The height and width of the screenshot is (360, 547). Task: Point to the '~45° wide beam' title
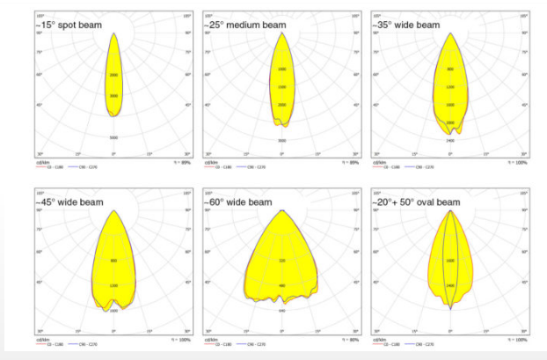point(69,202)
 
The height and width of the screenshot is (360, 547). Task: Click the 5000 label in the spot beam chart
point(113,95)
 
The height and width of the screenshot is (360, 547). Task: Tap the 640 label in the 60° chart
point(281,311)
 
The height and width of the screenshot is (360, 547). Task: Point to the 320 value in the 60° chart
point(281,261)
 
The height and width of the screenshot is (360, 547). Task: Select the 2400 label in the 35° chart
point(450,141)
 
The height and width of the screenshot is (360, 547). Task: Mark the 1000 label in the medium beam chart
point(281,70)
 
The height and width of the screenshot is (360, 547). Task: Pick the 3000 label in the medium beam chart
point(281,141)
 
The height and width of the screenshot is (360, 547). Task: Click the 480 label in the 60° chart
point(281,286)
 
